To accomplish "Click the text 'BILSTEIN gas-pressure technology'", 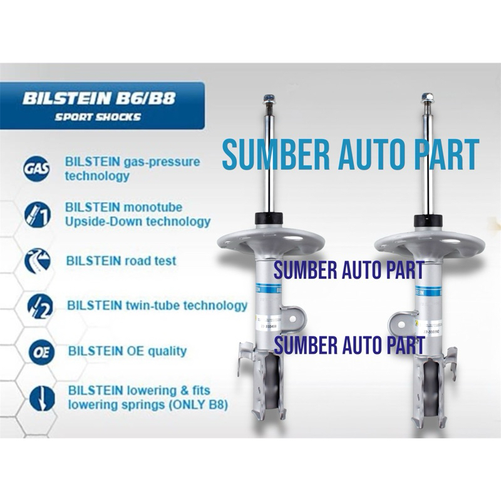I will (132, 168).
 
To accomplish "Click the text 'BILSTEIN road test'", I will (121, 261).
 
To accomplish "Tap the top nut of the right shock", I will (428, 98).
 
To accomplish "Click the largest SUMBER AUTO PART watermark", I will (351, 155).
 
